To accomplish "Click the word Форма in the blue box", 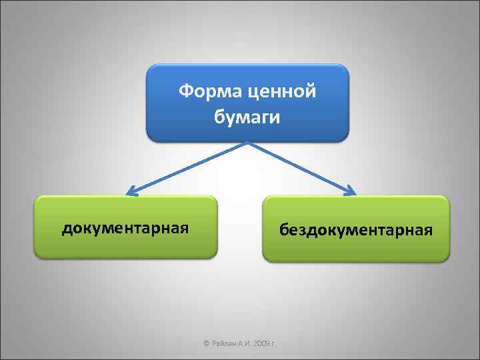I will point(203,91).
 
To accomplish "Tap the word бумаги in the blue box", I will point(247,117).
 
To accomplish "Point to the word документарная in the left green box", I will point(125,229).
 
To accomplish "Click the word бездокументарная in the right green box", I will point(356,230).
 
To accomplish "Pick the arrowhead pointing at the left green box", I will point(131,193).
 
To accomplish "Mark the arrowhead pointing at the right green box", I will point(351,192).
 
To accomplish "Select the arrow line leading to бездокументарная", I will point(300,167).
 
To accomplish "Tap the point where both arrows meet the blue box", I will point(247,142).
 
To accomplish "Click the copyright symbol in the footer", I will point(207,343).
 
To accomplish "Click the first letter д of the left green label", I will point(66,229).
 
